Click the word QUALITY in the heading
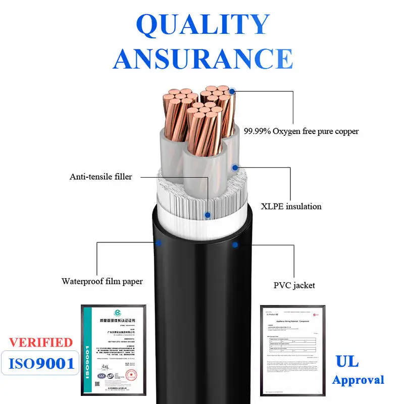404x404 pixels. coord(203,24)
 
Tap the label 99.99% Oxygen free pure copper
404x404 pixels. coord(301,131)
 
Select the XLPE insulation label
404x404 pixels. coord(291,206)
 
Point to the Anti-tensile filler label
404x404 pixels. coord(100,177)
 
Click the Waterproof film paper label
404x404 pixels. coord(102,281)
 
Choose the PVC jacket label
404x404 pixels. coord(294,285)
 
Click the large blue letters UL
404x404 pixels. coord(347,361)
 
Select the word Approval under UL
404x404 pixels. coord(358,380)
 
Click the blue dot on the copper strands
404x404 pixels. coord(232,92)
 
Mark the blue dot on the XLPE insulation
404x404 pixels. coord(234,167)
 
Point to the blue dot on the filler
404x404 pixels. coord(207,215)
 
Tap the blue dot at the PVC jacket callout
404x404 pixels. coord(235,245)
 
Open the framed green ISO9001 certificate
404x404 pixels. coord(114,348)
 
